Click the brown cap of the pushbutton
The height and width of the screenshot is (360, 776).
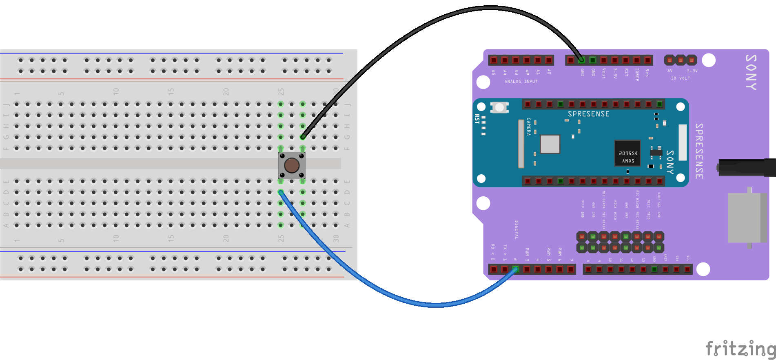(x=292, y=165)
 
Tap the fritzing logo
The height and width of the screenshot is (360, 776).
(x=741, y=349)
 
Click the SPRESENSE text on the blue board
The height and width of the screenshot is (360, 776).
(x=588, y=114)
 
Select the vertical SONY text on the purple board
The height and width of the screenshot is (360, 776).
(x=751, y=72)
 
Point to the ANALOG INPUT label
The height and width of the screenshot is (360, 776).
(x=521, y=82)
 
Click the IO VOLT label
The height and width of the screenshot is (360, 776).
(x=680, y=78)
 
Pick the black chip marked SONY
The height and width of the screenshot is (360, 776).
(x=627, y=153)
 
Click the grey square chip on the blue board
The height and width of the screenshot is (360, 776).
(x=550, y=144)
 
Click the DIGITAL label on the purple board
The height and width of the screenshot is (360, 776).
(x=517, y=230)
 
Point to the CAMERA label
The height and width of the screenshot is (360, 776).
(x=529, y=127)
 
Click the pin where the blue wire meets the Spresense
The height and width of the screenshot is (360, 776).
(x=515, y=269)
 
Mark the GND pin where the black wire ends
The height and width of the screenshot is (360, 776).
(x=581, y=60)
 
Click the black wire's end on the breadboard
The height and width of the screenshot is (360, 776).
(x=303, y=137)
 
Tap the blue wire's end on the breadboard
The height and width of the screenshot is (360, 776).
(x=281, y=192)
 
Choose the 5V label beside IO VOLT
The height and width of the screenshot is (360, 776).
(x=670, y=71)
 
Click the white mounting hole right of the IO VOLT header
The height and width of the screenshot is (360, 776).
(x=709, y=60)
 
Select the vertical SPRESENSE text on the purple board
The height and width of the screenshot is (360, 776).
(x=699, y=151)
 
